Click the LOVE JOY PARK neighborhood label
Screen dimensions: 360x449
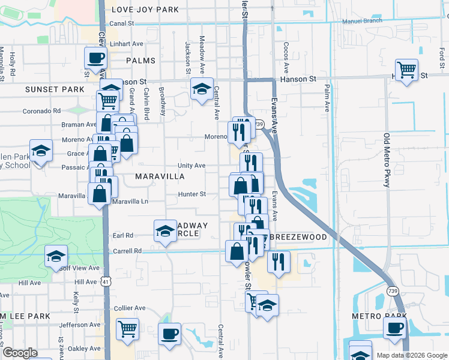coord(145,9)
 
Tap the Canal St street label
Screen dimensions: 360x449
coord(121,23)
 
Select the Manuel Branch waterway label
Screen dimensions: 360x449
coord(362,21)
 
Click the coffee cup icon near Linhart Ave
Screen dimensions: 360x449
coord(95,58)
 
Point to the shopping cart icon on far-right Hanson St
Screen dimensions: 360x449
coord(407,70)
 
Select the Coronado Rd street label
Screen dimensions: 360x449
coord(42,111)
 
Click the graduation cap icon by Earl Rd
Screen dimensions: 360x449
coord(165,230)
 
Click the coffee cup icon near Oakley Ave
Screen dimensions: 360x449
coord(169,334)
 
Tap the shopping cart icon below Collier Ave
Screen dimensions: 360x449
coord(127,329)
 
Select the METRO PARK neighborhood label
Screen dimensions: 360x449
coord(375,316)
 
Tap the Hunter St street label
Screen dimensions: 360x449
coord(192,194)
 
